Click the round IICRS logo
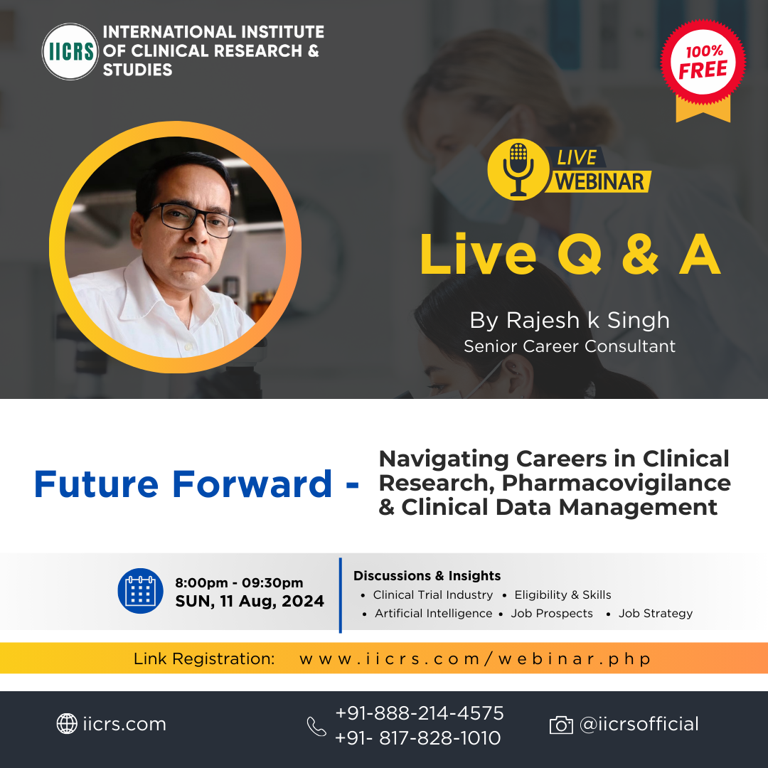click(x=70, y=51)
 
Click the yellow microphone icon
click(x=518, y=169)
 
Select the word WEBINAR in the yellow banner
click(x=599, y=182)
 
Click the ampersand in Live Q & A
click(x=640, y=255)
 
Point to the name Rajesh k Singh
click(x=588, y=320)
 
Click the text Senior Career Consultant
click(x=570, y=346)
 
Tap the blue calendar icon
click(x=141, y=591)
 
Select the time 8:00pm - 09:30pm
click(x=239, y=582)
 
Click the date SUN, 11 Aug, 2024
click(x=250, y=601)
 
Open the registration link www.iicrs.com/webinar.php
click(x=475, y=658)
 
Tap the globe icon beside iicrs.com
click(x=67, y=723)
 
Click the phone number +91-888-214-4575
click(x=420, y=713)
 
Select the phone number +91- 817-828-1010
click(x=418, y=737)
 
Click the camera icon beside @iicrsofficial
click(x=561, y=725)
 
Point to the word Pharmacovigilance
click(x=617, y=482)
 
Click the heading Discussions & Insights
click(x=427, y=575)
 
